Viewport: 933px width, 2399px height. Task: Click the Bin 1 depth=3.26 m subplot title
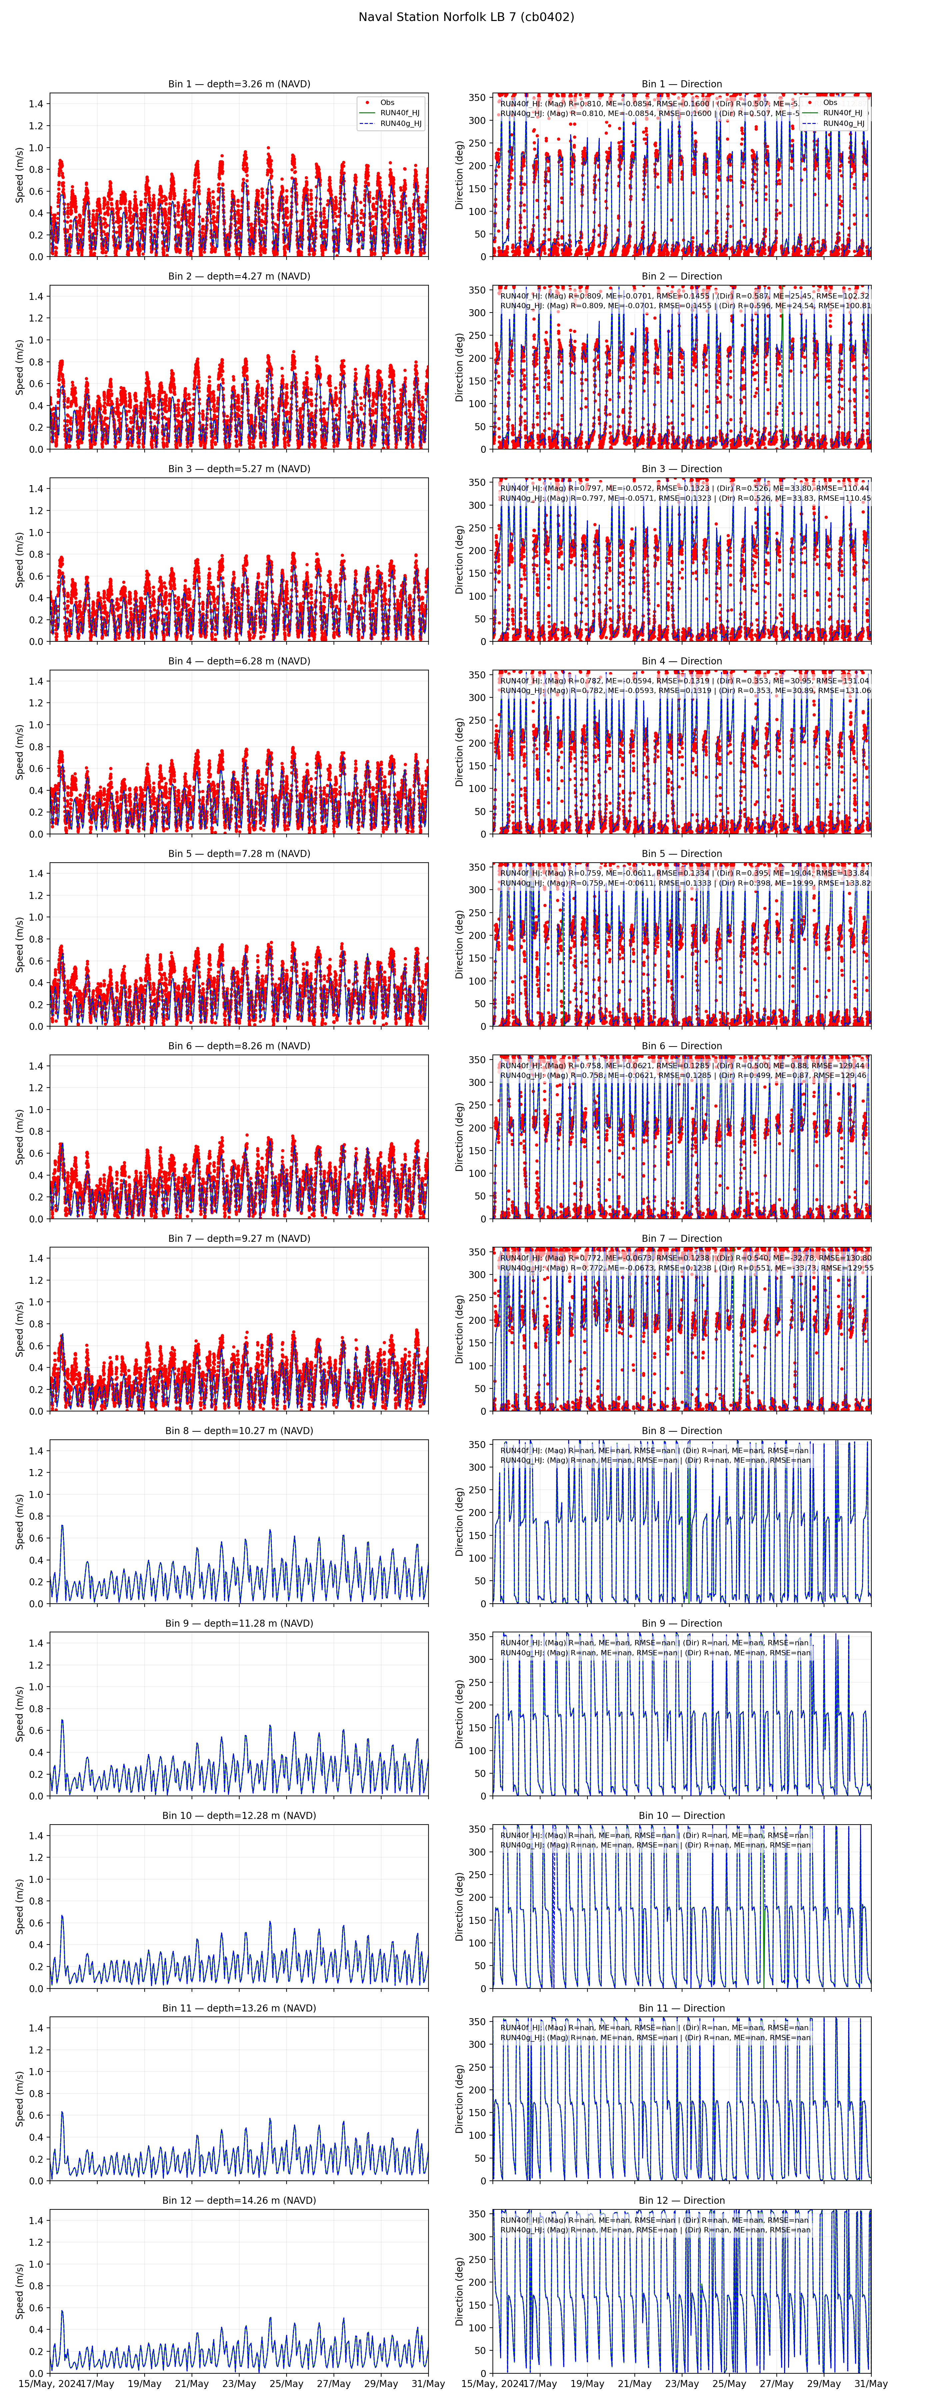[239, 84]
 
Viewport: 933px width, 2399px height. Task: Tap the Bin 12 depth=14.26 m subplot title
[239, 2201]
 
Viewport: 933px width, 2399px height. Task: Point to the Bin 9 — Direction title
[682, 1623]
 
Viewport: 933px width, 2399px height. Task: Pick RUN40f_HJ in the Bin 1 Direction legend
[843, 113]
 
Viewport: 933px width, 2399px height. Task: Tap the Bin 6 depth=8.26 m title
[239, 1046]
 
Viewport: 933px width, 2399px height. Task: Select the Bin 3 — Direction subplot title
[682, 468]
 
